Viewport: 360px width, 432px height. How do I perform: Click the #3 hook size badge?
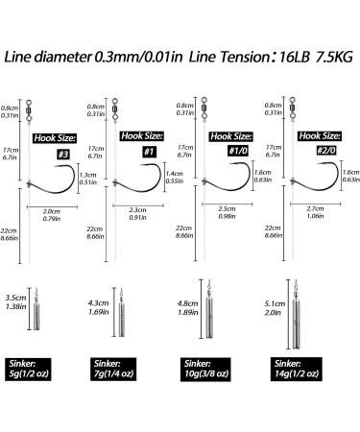pyautogui.click(x=63, y=155)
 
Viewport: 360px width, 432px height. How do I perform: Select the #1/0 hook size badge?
pyautogui.click(x=238, y=151)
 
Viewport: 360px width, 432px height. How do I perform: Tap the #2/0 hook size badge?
pyautogui.click(x=326, y=150)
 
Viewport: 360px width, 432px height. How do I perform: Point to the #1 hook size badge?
pyautogui.click(x=149, y=152)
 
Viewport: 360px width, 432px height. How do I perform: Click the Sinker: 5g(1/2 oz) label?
pyautogui.click(x=28, y=370)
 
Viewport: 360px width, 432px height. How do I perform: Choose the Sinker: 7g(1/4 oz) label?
pyautogui.click(x=113, y=369)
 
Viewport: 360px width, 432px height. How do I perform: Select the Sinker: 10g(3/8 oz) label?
pyautogui.click(x=205, y=370)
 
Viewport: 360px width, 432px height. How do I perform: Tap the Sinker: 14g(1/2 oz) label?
pyautogui.click(x=297, y=369)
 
